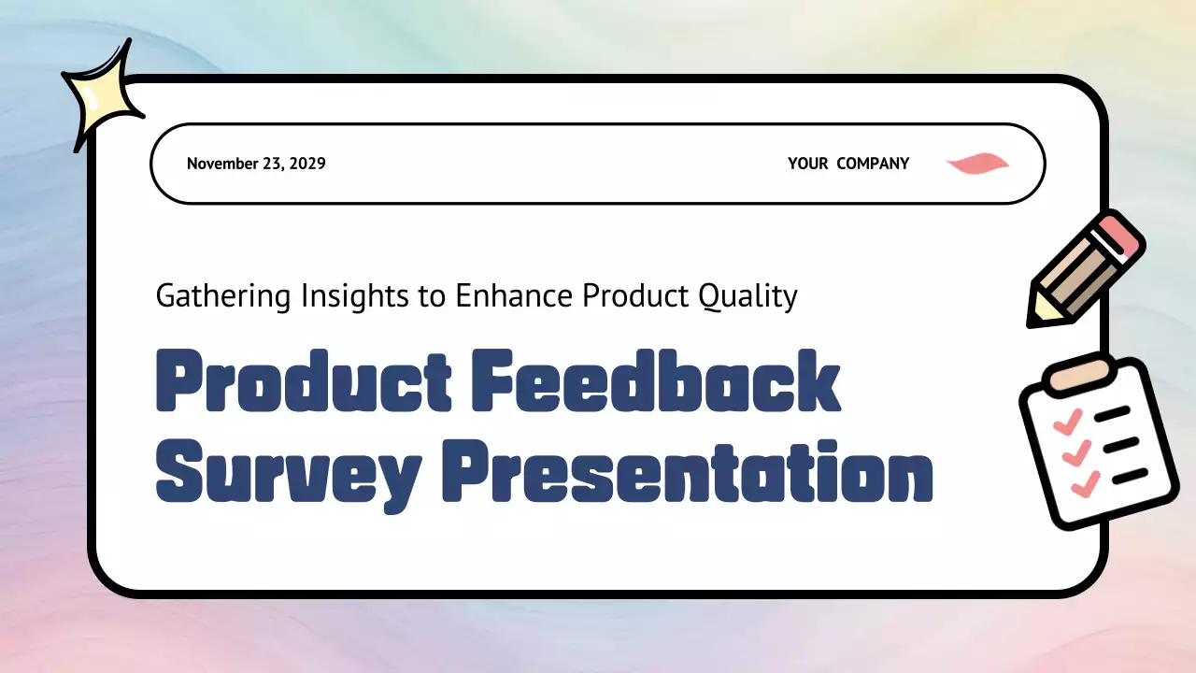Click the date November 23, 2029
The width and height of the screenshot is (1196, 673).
256,164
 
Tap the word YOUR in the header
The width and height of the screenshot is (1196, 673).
807,164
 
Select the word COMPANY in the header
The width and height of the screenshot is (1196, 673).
873,164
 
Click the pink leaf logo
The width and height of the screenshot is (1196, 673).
977,165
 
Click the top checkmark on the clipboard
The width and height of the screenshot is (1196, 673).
1067,422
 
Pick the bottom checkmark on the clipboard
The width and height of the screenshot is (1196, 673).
1086,484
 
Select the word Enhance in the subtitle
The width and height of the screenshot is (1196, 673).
515,296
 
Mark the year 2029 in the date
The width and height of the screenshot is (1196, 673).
307,164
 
